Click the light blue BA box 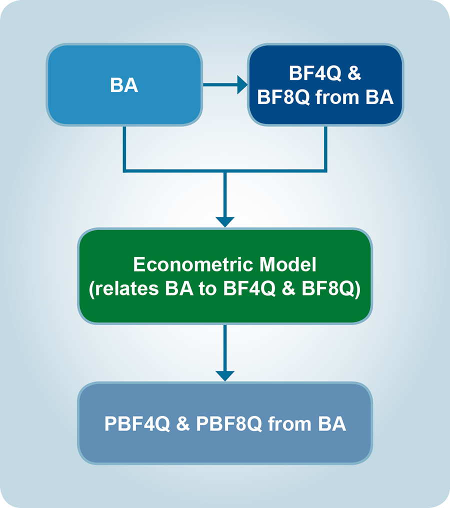(x=124, y=85)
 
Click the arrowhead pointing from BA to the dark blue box (x=242, y=84)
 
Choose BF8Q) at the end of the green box (x=331, y=290)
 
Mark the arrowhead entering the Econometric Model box (x=225, y=221)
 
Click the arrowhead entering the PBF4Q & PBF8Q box (x=225, y=375)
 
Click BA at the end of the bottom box (x=331, y=424)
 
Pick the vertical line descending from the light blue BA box (x=124, y=147)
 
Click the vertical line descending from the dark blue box (x=326, y=147)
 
